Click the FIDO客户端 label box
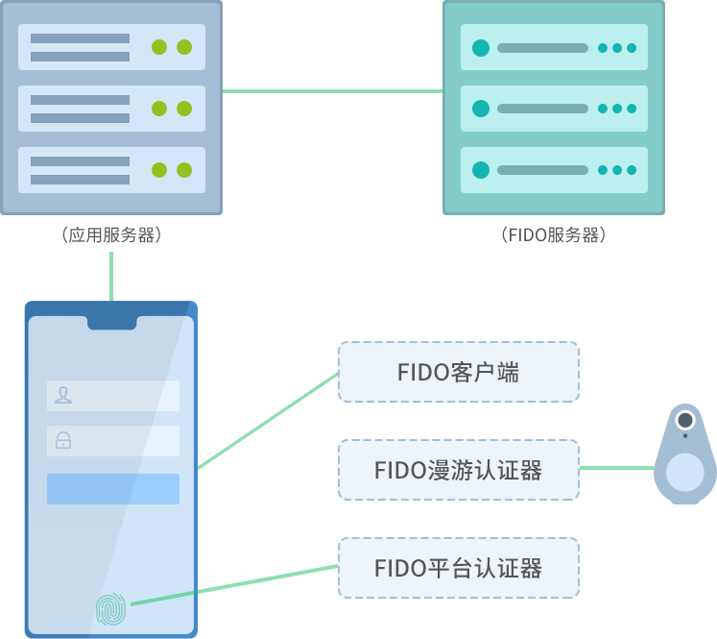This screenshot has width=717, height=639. [x=458, y=372]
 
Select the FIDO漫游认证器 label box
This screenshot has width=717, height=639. [x=458, y=470]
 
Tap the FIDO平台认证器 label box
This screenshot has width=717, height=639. [x=458, y=568]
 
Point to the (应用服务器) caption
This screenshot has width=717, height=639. [x=111, y=234]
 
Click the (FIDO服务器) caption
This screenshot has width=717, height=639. [x=554, y=234]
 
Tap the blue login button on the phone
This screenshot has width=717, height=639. [x=113, y=488]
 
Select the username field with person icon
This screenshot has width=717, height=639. [x=113, y=395]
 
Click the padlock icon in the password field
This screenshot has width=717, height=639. [x=63, y=441]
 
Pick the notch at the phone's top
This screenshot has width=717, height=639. [x=111, y=322]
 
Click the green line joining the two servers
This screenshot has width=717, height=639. [x=332, y=91]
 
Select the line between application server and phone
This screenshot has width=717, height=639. [x=111, y=276]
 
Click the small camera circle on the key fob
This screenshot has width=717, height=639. [x=684, y=421]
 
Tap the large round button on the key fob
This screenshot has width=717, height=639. [x=684, y=472]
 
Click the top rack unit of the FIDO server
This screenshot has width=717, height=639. [x=554, y=47]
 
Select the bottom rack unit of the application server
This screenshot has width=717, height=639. [x=111, y=170]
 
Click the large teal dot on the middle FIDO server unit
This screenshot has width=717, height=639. [x=481, y=109]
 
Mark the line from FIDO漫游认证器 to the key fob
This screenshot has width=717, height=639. [x=616, y=469]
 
